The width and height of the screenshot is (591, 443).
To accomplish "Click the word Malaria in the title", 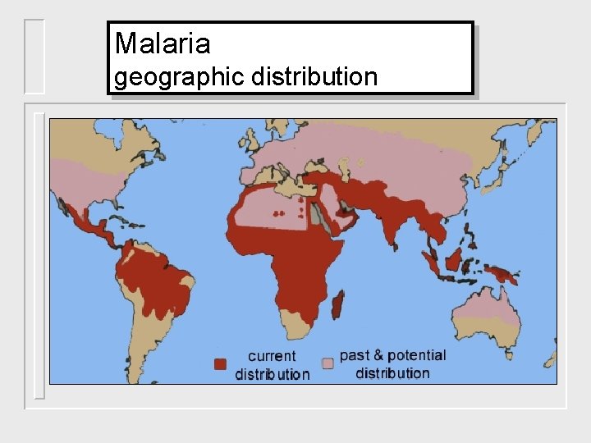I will (163, 43).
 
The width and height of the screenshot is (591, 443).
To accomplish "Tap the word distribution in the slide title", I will (315, 77).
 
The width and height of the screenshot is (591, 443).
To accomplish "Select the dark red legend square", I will (220, 364).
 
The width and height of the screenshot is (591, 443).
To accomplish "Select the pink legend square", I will (328, 363).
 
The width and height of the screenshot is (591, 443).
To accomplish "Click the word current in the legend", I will (272, 356).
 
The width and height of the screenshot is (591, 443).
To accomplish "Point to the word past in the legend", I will (355, 355).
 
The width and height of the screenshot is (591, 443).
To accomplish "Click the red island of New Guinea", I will (502, 273).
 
